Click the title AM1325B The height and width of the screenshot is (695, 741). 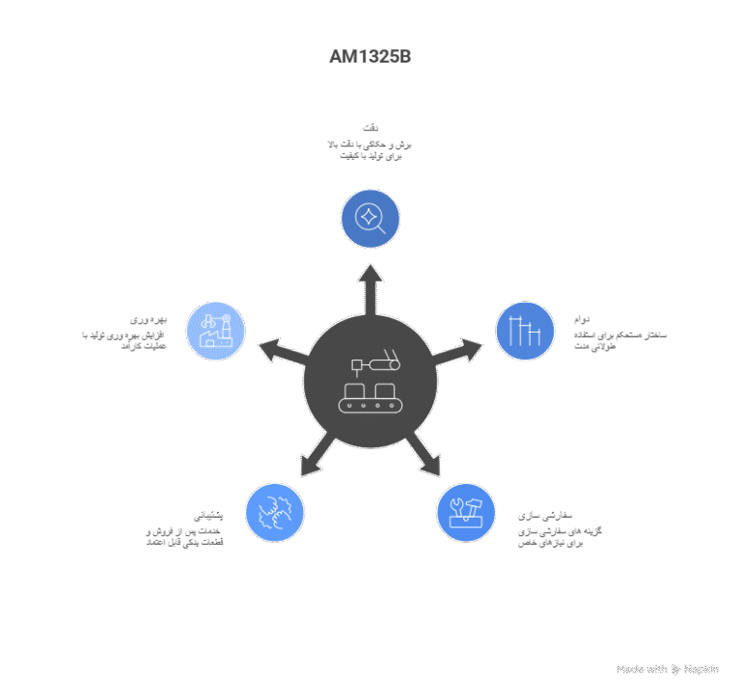coord(370,57)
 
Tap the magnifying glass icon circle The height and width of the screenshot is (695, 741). coord(370,219)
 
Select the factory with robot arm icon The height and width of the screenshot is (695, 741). coord(215,332)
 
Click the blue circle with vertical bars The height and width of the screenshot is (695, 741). coord(525,332)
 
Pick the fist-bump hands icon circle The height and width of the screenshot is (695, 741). coord(275,512)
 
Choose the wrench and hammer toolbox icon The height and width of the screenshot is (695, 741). coord(465,512)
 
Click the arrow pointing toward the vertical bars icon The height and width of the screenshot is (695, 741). coord(460,349)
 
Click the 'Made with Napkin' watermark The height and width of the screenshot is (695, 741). coord(668,668)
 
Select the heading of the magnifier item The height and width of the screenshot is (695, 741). coord(370,127)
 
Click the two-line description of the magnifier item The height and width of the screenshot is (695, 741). coord(370,149)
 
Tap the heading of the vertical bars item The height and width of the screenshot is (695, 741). coord(580,318)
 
